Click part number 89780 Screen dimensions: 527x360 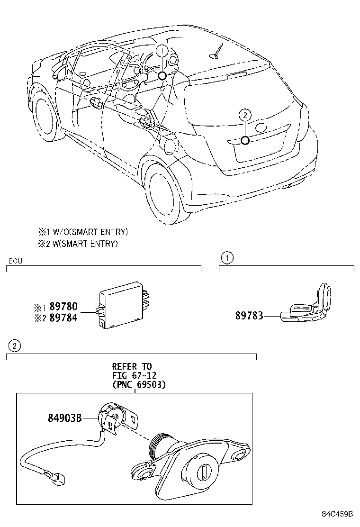point(63,307)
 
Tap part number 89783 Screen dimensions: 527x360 point(250,316)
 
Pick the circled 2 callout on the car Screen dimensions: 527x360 point(244,114)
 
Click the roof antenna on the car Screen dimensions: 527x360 point(216,53)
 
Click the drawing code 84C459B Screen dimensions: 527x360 point(337,514)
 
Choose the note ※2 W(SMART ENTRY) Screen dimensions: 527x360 point(78,244)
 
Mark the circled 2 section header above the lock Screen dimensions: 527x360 point(15,346)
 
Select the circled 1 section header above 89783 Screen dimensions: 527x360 point(228,258)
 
